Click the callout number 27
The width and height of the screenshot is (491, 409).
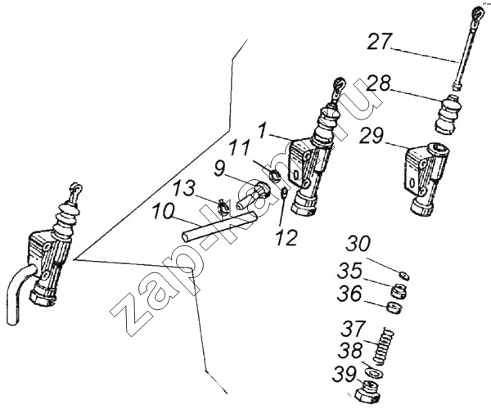point(380,42)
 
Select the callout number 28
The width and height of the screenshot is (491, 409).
point(379,84)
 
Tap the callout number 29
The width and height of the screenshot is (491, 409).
point(372,136)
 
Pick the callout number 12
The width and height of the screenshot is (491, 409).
point(286,237)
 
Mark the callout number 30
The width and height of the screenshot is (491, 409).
point(358,244)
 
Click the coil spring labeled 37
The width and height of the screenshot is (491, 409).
point(384,346)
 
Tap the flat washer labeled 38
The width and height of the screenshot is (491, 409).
point(375,374)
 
